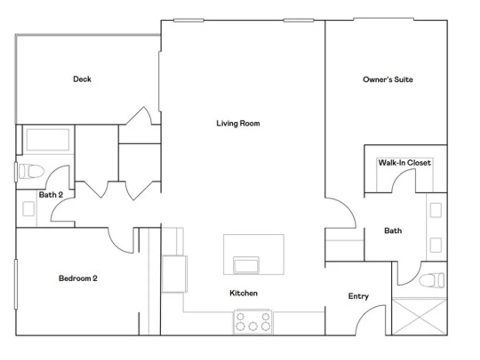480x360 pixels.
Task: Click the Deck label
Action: tap(82, 79)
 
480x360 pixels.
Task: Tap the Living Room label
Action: tap(238, 123)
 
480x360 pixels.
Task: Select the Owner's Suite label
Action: tap(388, 80)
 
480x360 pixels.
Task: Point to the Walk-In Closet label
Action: tap(404, 163)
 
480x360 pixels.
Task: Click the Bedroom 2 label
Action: tap(78, 278)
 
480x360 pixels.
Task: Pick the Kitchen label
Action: tap(243, 293)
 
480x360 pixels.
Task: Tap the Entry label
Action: tap(359, 296)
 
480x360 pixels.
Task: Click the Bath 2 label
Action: tap(51, 195)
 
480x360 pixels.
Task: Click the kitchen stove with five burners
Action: tap(253, 322)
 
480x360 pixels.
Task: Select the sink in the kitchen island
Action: tap(246, 265)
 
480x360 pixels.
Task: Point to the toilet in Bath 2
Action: tap(31, 171)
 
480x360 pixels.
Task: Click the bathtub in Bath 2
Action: tap(48, 140)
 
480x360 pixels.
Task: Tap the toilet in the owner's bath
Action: tap(432, 280)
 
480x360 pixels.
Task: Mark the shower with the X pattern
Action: tap(420, 317)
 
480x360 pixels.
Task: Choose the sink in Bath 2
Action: tap(28, 209)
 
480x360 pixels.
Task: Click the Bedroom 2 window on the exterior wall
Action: tap(16, 284)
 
